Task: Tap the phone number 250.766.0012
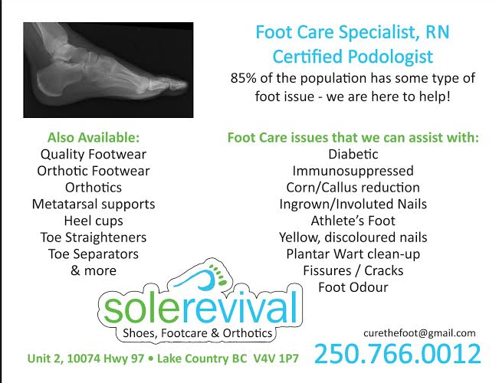coord(397,354)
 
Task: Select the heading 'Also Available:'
coord(94,138)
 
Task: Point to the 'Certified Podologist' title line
coord(353,56)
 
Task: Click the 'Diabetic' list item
coord(353,154)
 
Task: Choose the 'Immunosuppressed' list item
coord(353,171)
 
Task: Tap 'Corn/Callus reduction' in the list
coord(353,188)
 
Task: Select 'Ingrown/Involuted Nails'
coord(353,205)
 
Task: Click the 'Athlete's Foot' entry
coord(353,221)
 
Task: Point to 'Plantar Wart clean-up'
coord(353,254)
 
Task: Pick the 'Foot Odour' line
coord(353,288)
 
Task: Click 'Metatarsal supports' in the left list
coord(94,205)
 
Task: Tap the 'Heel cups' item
coord(94,221)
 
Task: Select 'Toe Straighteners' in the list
coord(94,237)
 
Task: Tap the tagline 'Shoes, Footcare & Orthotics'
coord(197,333)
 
